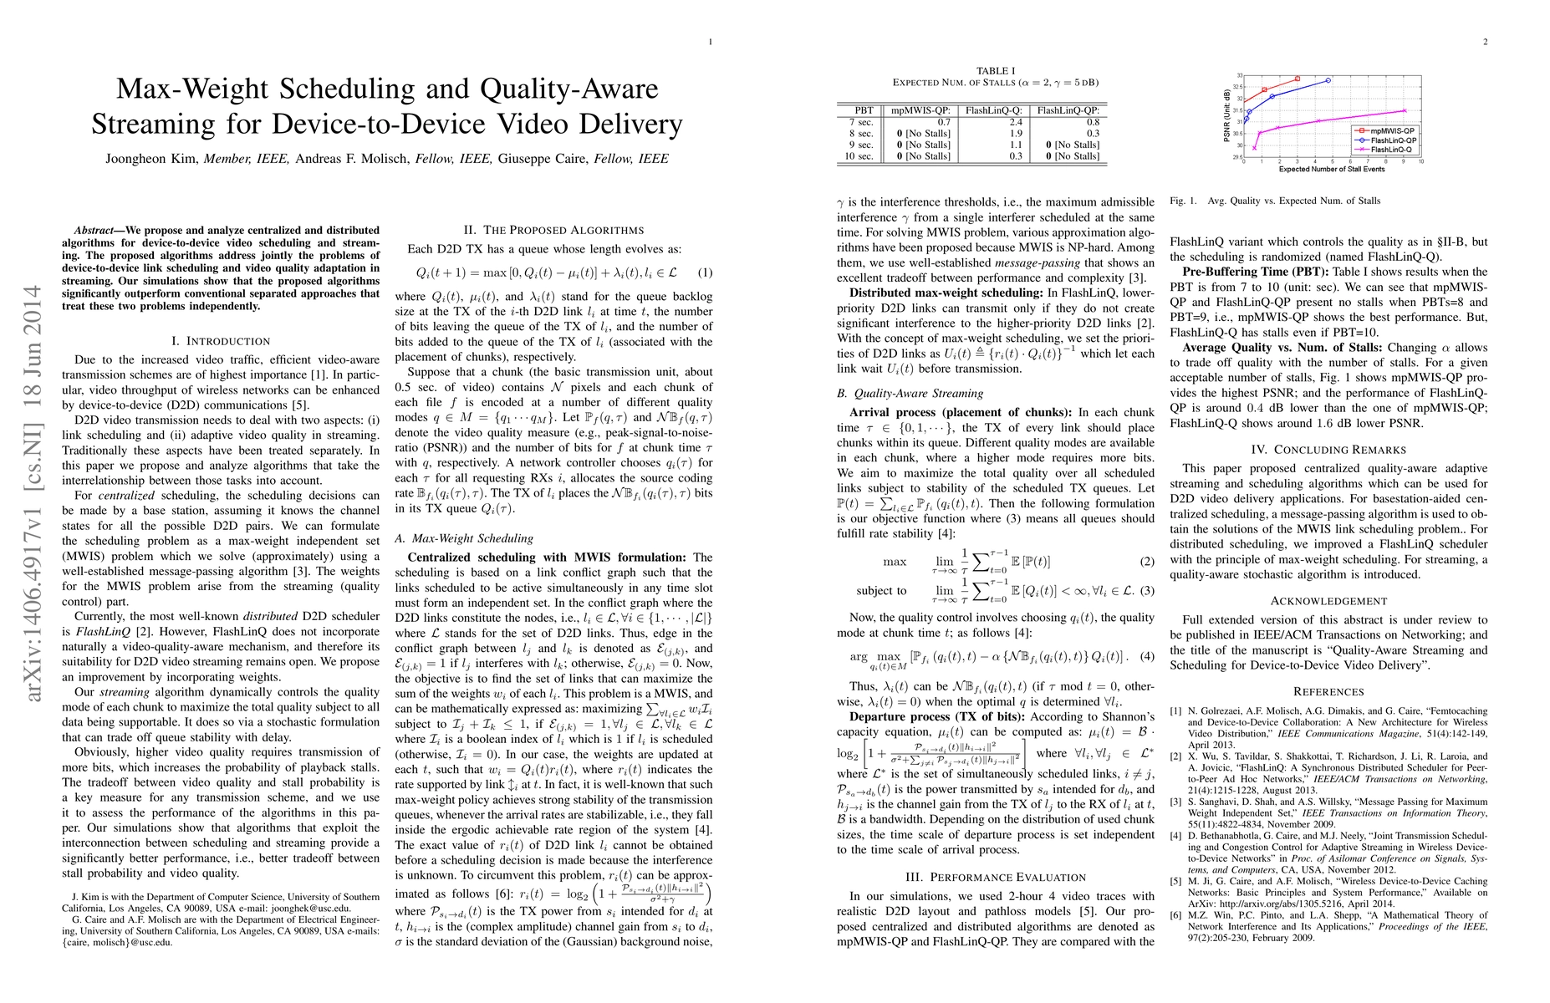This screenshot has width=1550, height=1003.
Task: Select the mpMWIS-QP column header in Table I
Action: tap(920, 110)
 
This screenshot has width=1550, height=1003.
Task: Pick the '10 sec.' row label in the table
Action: tap(859, 156)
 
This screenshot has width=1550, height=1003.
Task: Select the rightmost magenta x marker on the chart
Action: tap(1405, 110)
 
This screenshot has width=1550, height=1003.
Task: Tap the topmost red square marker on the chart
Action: tap(1297, 79)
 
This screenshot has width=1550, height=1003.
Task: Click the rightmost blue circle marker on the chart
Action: tap(1328, 80)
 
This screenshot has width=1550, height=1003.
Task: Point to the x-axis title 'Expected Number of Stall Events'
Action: tap(1331, 170)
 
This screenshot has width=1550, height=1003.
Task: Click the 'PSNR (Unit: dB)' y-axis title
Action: tap(1227, 116)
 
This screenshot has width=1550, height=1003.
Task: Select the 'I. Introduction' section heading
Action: tap(220, 341)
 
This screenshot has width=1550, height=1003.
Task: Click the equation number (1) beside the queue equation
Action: tap(705, 272)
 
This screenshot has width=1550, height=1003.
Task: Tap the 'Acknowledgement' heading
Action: tap(1328, 601)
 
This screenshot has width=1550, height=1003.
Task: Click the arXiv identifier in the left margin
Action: tap(34, 493)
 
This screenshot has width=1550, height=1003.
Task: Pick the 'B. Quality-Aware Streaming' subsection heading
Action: tap(910, 393)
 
